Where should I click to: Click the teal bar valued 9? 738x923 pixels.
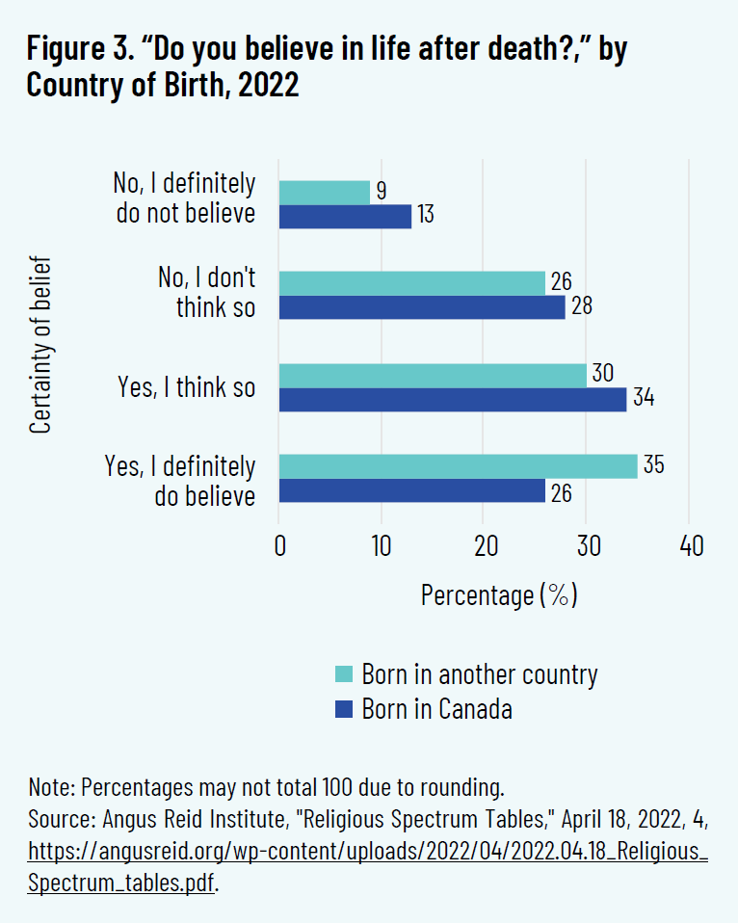[x=324, y=193]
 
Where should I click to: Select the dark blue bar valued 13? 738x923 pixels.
[x=345, y=216]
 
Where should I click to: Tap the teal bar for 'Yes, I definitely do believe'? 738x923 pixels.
[x=458, y=466]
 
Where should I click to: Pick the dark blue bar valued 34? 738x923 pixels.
[x=453, y=399]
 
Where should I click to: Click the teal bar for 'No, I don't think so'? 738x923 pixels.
[x=411, y=283]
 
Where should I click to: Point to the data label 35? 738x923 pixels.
[x=653, y=465]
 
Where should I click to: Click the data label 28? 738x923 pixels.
[x=582, y=307]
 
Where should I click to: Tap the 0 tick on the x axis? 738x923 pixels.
[x=279, y=546]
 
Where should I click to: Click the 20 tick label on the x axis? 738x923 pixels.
[x=485, y=546]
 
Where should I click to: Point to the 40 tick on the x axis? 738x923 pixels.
[x=690, y=546]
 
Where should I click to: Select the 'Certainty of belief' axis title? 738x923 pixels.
[x=40, y=344]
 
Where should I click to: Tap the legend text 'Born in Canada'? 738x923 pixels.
[x=436, y=709]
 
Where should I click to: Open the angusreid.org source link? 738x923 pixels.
[x=368, y=852]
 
